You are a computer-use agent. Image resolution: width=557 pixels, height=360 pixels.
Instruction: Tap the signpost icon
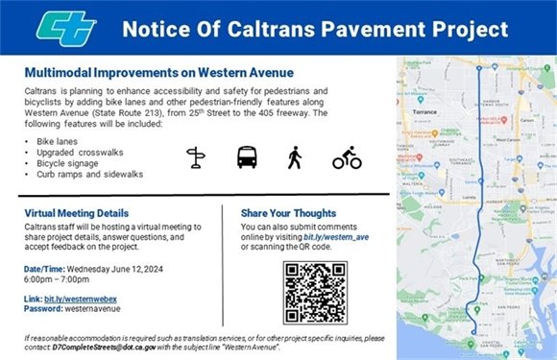point(197,157)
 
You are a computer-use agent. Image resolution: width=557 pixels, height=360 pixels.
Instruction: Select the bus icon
point(247,157)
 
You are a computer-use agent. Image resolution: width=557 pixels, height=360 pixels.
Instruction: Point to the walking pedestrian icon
point(295,157)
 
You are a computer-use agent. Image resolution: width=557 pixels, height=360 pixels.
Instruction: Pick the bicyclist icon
point(347,157)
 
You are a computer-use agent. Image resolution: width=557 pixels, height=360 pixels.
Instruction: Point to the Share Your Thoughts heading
point(282,213)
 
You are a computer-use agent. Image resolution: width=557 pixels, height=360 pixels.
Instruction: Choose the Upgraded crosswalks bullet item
point(72,153)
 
